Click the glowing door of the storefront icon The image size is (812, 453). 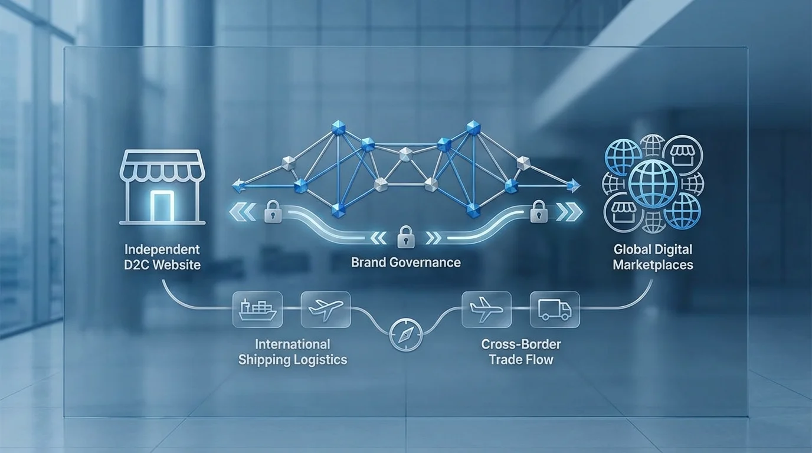[x=162, y=205]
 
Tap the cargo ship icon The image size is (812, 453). [x=258, y=310]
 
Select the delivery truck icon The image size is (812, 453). [x=555, y=310]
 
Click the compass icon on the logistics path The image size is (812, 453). [x=406, y=334]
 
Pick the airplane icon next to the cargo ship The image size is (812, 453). [x=326, y=310]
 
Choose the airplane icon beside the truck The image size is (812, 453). [x=486, y=309]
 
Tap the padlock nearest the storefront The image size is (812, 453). [x=273, y=211]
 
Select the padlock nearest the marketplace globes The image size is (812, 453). [x=539, y=211]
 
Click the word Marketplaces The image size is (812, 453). [x=653, y=265]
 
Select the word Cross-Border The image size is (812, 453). [x=521, y=344]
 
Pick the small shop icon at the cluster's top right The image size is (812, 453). [x=683, y=156]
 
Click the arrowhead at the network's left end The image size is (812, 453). [x=237, y=186]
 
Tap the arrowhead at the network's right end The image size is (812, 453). [x=574, y=186]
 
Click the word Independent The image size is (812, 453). [x=162, y=250]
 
